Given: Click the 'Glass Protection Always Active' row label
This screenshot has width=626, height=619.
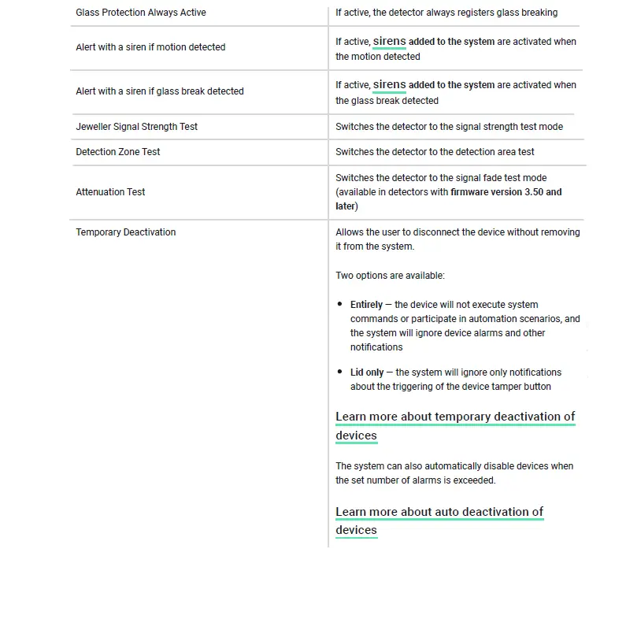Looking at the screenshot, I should pyautogui.click(x=141, y=13).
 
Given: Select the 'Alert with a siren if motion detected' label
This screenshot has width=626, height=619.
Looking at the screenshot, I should pyautogui.click(x=150, y=47).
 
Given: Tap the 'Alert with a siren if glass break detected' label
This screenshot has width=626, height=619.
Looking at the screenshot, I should pyautogui.click(x=160, y=91).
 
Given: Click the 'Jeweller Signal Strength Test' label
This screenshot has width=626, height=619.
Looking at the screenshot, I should pyautogui.click(x=137, y=127).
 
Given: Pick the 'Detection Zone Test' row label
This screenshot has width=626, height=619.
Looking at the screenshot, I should pyautogui.click(x=118, y=152).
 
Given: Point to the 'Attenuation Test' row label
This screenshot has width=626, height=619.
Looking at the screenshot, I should pyautogui.click(x=110, y=192).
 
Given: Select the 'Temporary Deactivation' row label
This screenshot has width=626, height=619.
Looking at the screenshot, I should pyautogui.click(x=126, y=232).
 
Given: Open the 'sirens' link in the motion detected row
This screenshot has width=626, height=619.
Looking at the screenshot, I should pyautogui.click(x=389, y=41).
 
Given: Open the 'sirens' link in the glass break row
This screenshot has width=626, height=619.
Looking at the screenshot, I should pyautogui.click(x=389, y=84).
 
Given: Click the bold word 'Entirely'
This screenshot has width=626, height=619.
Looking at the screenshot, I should pyautogui.click(x=366, y=305).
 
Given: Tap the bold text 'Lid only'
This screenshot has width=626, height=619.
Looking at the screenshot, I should pyautogui.click(x=367, y=373).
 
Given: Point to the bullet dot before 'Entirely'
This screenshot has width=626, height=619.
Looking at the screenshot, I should pyautogui.click(x=340, y=305).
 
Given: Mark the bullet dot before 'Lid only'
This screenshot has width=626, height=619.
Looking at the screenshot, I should pyautogui.click(x=340, y=373).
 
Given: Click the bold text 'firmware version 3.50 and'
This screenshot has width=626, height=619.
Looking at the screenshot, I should pyautogui.click(x=506, y=192).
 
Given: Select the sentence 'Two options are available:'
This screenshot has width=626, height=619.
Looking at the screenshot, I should pyautogui.click(x=390, y=276).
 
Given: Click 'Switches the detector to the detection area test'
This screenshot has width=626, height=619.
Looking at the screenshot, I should pyautogui.click(x=435, y=152).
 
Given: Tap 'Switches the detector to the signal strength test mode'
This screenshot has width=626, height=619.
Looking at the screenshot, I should pyautogui.click(x=449, y=127).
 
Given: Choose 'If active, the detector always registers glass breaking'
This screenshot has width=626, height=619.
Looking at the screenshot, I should pyautogui.click(x=446, y=13).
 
